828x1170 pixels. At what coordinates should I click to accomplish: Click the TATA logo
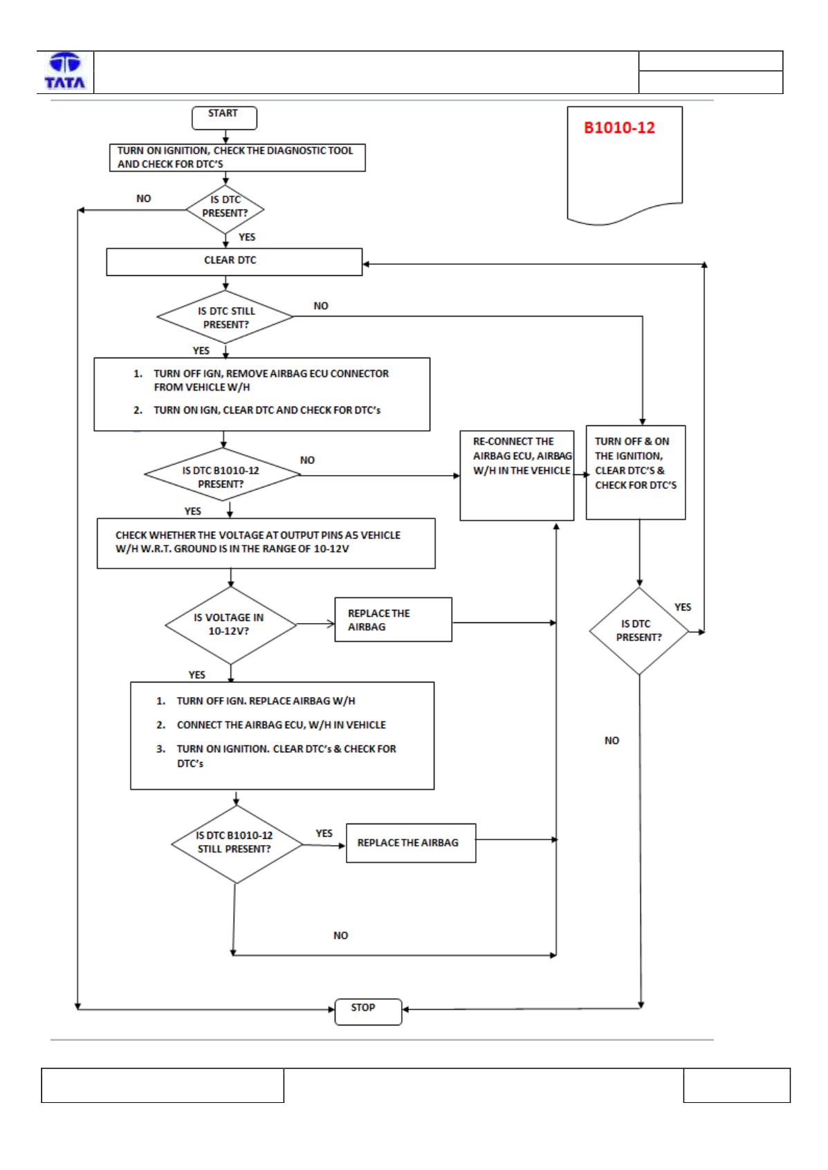pyautogui.click(x=65, y=71)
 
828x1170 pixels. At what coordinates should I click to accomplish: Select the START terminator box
pyautogui.click(x=224, y=118)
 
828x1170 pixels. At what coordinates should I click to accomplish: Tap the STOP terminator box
pyautogui.click(x=368, y=1012)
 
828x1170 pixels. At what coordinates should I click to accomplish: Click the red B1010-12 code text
pyautogui.click(x=619, y=127)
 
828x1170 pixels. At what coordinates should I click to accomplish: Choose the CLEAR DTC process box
pyautogui.click(x=234, y=261)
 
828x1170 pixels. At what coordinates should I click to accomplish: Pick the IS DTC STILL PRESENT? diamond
pyautogui.click(x=225, y=317)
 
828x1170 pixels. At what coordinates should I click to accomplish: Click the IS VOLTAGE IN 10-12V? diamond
pyautogui.click(x=230, y=625)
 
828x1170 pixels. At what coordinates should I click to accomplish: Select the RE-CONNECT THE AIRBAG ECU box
pyautogui.click(x=517, y=475)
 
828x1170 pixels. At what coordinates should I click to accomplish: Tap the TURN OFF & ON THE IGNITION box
pyautogui.click(x=635, y=472)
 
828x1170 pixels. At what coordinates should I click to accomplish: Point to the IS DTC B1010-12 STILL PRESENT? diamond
pyautogui.click(x=236, y=844)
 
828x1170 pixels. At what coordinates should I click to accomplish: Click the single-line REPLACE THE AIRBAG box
pyautogui.click(x=411, y=843)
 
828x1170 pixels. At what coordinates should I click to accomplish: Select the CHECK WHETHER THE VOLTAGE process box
pyautogui.click(x=266, y=544)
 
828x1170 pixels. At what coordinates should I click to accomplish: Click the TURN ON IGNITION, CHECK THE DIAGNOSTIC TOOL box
pyautogui.click(x=237, y=158)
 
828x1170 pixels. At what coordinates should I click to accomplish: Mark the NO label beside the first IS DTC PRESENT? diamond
pyautogui.click(x=144, y=198)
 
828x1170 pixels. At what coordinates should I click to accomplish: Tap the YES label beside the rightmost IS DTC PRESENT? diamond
pyautogui.click(x=682, y=607)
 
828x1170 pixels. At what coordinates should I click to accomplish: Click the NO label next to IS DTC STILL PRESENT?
pyautogui.click(x=321, y=306)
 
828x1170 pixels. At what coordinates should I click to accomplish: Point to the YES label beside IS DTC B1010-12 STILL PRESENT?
pyautogui.click(x=324, y=833)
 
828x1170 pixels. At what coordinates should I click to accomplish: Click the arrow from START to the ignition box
pyautogui.click(x=226, y=137)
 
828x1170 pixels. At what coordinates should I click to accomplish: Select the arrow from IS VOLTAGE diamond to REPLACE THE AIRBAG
pyautogui.click(x=315, y=624)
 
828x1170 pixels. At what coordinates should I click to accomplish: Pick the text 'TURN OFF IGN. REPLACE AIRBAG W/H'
pyautogui.click(x=266, y=701)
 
